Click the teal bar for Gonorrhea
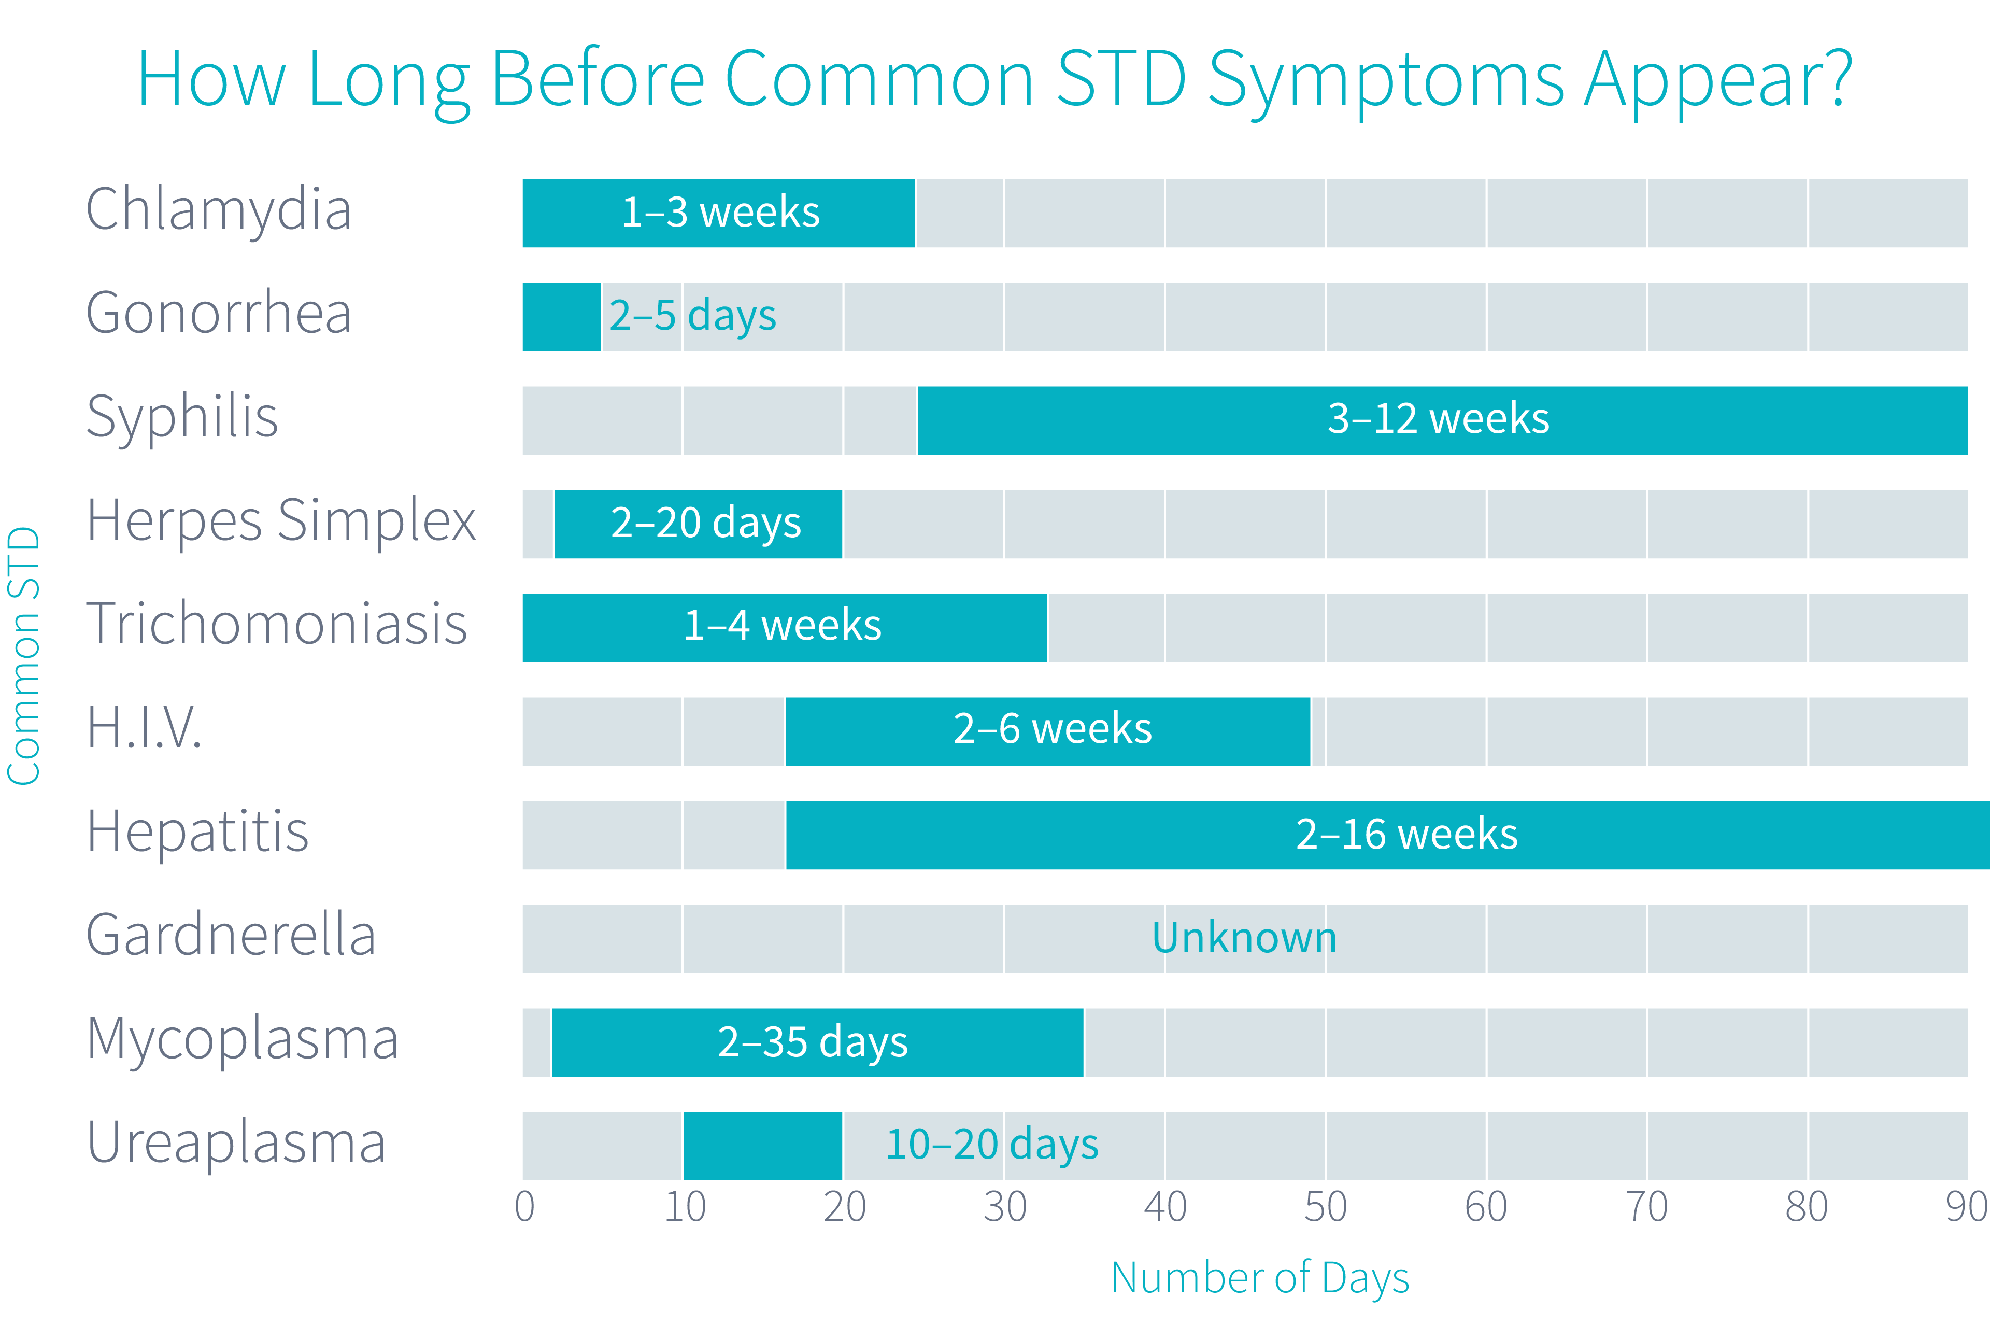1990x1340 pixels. (x=561, y=316)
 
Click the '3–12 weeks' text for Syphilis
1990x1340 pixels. (x=1438, y=419)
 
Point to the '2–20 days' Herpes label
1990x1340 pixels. (x=706, y=523)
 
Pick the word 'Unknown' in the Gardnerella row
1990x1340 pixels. (x=1244, y=938)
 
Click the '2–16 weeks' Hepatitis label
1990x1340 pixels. (x=1406, y=834)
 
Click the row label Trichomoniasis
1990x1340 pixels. (x=277, y=624)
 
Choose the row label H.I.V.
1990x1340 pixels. (x=144, y=728)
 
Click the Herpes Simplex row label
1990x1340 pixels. (x=280, y=520)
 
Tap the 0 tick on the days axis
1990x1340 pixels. (x=524, y=1207)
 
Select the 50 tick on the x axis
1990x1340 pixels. (x=1325, y=1207)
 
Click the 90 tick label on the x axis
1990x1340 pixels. (x=1965, y=1207)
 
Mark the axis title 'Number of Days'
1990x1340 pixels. (x=1259, y=1278)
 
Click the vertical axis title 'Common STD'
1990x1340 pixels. (x=24, y=655)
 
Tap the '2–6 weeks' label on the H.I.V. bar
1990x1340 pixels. (x=1052, y=729)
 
